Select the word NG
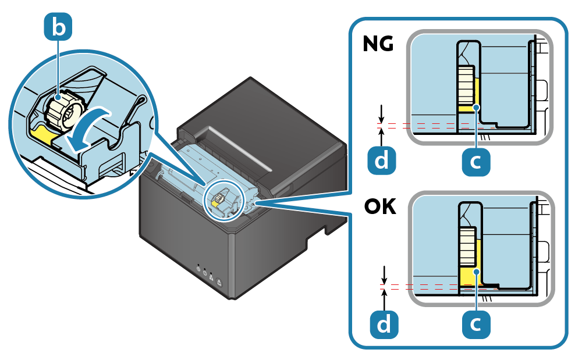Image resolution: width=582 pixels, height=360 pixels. pos(378,45)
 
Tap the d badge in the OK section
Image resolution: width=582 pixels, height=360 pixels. pos(384,323)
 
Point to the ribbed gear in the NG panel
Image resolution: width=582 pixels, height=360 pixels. pos(466,85)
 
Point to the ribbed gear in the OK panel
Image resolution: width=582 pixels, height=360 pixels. pos(467,248)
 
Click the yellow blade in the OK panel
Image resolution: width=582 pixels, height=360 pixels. pos(469,278)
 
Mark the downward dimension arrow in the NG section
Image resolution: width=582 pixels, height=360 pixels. pos(381,112)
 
